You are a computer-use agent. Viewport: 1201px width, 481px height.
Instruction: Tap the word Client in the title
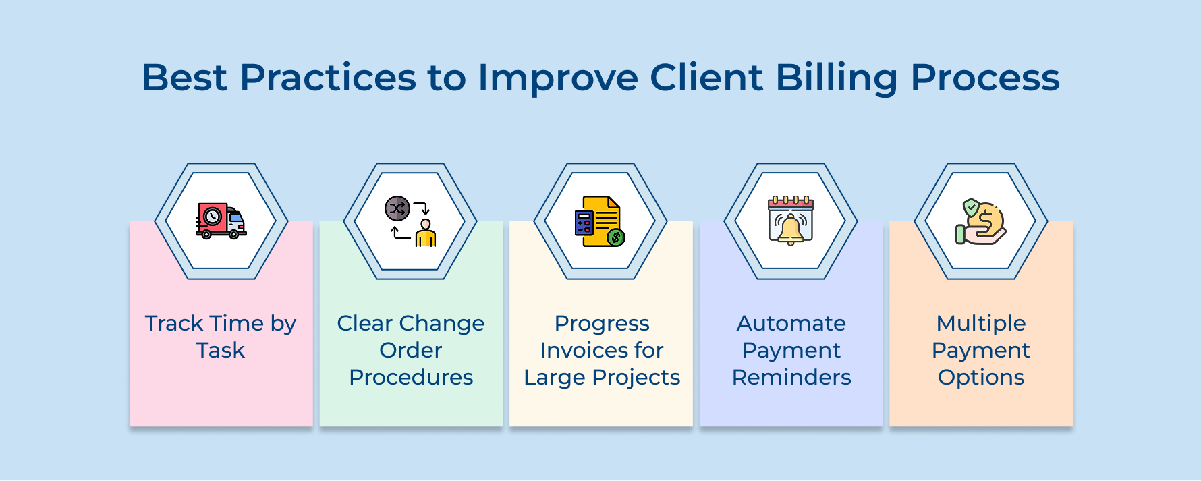coord(706,78)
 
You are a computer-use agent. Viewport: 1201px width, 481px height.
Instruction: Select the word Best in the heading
coord(184,78)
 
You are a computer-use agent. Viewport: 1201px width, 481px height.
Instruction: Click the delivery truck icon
coord(221,221)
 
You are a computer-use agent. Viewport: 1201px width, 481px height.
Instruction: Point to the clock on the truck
coord(213,216)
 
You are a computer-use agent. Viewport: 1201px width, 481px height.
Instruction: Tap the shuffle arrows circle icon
coord(397,208)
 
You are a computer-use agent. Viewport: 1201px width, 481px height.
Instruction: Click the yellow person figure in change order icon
coord(426,233)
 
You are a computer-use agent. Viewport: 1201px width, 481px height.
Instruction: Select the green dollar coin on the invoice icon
coord(615,237)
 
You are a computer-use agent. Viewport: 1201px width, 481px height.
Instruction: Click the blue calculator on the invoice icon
coord(584,223)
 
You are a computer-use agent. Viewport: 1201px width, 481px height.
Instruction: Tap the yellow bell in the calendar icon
coord(791,229)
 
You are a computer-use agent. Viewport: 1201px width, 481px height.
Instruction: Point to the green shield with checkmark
coord(971,206)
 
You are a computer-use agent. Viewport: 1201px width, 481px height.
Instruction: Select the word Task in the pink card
coord(221,351)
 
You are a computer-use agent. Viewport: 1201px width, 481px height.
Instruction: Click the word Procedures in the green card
coord(411,377)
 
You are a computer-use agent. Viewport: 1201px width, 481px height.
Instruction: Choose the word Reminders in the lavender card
coord(791,377)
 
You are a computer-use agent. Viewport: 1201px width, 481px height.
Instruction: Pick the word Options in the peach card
coord(981,377)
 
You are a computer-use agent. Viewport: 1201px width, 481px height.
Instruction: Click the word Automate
coord(791,324)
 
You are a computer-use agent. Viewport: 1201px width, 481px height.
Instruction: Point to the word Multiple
coord(981,324)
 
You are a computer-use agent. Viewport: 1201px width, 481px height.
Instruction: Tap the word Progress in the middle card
coord(602,324)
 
